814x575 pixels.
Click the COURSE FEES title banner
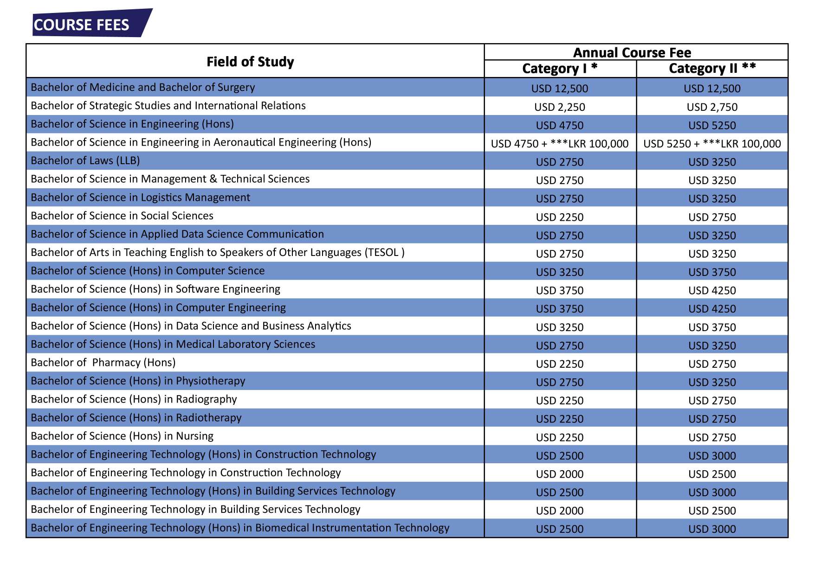click(x=92, y=23)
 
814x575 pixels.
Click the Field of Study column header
click(x=250, y=62)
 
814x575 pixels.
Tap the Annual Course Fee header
click(x=632, y=52)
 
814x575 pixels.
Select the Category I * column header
click(x=560, y=69)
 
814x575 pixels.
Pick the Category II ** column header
click(x=712, y=69)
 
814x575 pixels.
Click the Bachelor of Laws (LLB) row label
click(x=85, y=160)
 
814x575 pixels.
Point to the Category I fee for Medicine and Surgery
click(x=560, y=89)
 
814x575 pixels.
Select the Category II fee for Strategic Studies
click(x=712, y=107)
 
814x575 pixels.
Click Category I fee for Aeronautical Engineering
click(x=560, y=144)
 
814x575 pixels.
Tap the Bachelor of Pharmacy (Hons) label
click(x=103, y=363)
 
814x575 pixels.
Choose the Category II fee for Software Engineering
click(x=712, y=291)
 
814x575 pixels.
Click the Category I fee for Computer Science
click(x=560, y=272)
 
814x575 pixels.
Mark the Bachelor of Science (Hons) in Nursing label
click(x=122, y=436)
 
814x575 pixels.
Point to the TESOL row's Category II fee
click(x=712, y=254)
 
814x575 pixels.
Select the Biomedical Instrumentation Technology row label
click(x=240, y=528)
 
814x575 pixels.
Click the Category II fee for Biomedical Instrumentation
click(x=712, y=529)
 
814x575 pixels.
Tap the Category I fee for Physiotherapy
click(x=560, y=383)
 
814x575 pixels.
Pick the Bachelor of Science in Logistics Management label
click(x=140, y=198)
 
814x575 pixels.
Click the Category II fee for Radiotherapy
click(x=712, y=419)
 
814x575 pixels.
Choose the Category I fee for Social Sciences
click(x=560, y=217)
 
